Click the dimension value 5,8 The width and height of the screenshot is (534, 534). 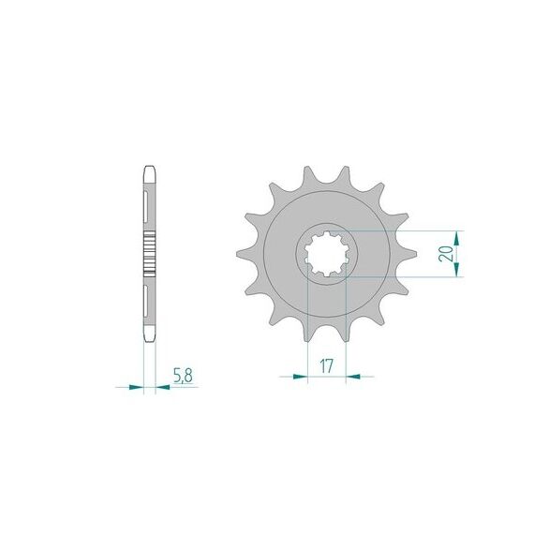click(x=184, y=376)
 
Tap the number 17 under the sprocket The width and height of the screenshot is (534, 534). click(x=326, y=366)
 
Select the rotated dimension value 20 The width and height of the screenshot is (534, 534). click(x=446, y=253)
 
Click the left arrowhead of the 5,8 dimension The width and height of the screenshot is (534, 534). click(x=136, y=387)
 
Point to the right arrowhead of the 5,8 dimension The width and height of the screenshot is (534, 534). click(x=162, y=387)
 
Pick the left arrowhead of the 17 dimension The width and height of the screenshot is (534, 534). click(x=300, y=377)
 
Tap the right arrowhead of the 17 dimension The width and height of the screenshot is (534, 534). click(x=353, y=377)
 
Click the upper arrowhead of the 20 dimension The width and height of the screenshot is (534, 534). click(x=457, y=238)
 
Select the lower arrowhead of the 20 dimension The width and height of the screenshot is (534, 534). click(x=457, y=269)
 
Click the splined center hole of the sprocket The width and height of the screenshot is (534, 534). click(x=326, y=254)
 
